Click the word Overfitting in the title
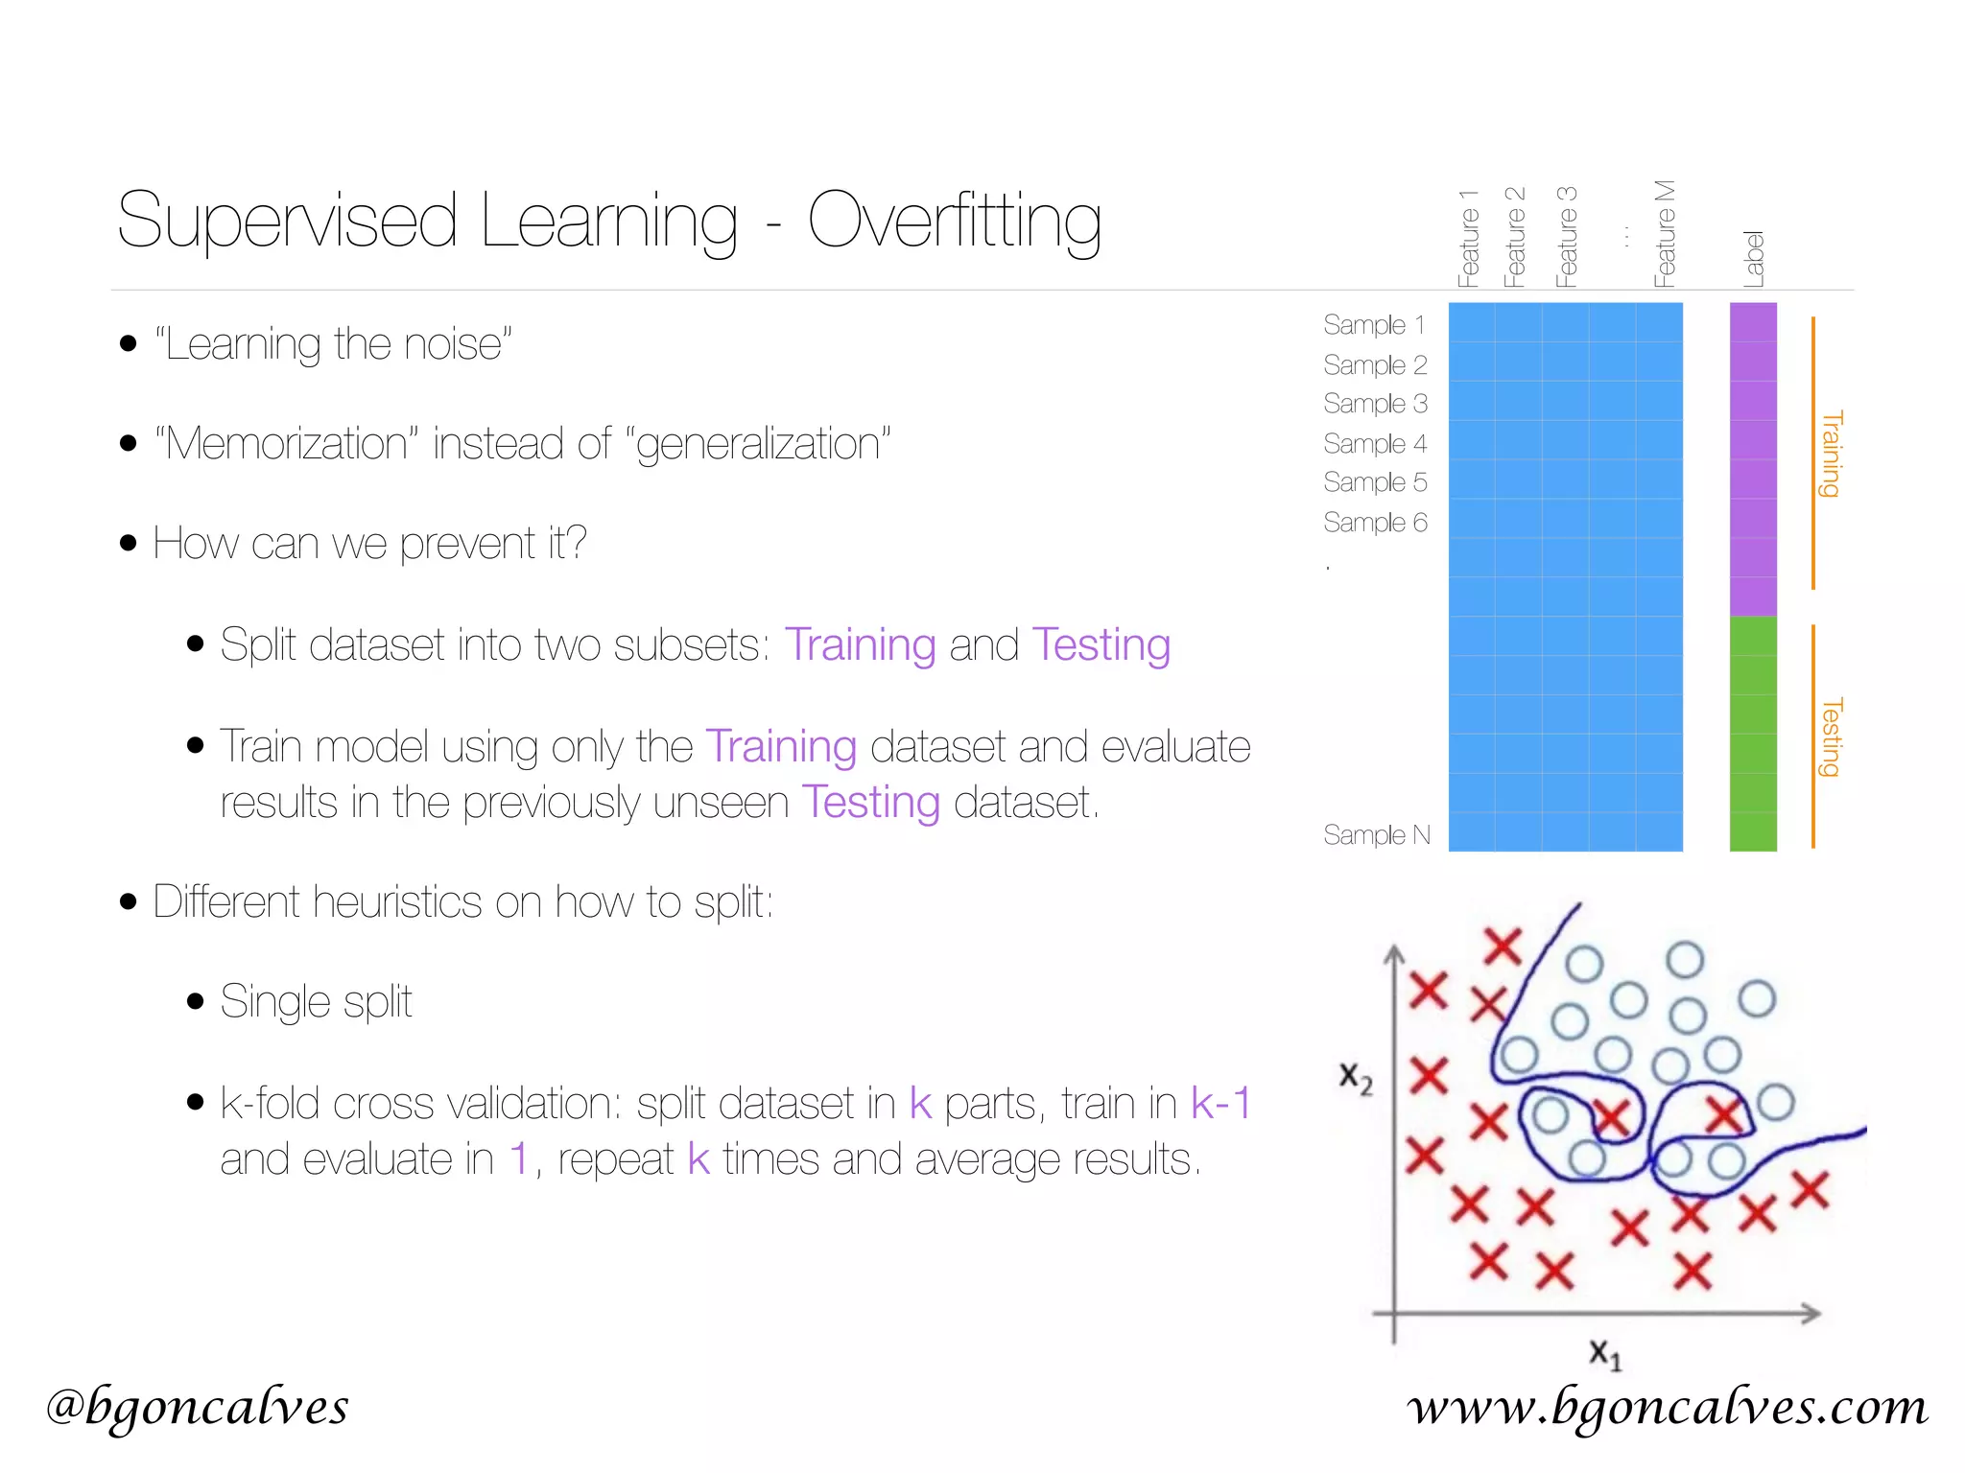click(954, 221)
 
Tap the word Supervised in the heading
click(286, 221)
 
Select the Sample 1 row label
click(1374, 325)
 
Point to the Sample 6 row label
click(1375, 523)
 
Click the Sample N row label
click(1376, 835)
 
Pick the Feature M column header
click(1665, 234)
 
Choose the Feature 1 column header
click(1468, 239)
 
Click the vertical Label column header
click(1754, 259)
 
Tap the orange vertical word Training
click(1832, 454)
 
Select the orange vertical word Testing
click(1832, 736)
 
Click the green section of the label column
click(1753, 734)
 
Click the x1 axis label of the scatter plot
click(1604, 1354)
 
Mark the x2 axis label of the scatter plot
click(1356, 1077)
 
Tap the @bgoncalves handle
click(197, 1407)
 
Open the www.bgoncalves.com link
click(1667, 1407)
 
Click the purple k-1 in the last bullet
click(1220, 1103)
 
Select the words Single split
click(316, 1002)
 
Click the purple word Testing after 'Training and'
click(1101, 644)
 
